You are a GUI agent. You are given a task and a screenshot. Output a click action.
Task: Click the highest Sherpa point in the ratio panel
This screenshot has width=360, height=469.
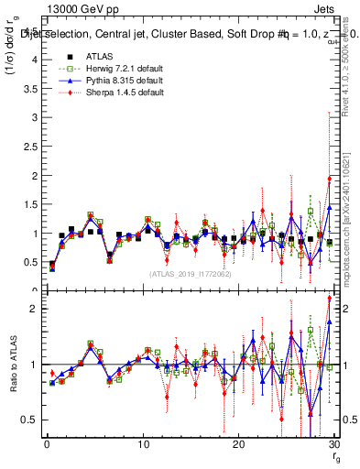point(329,299)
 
